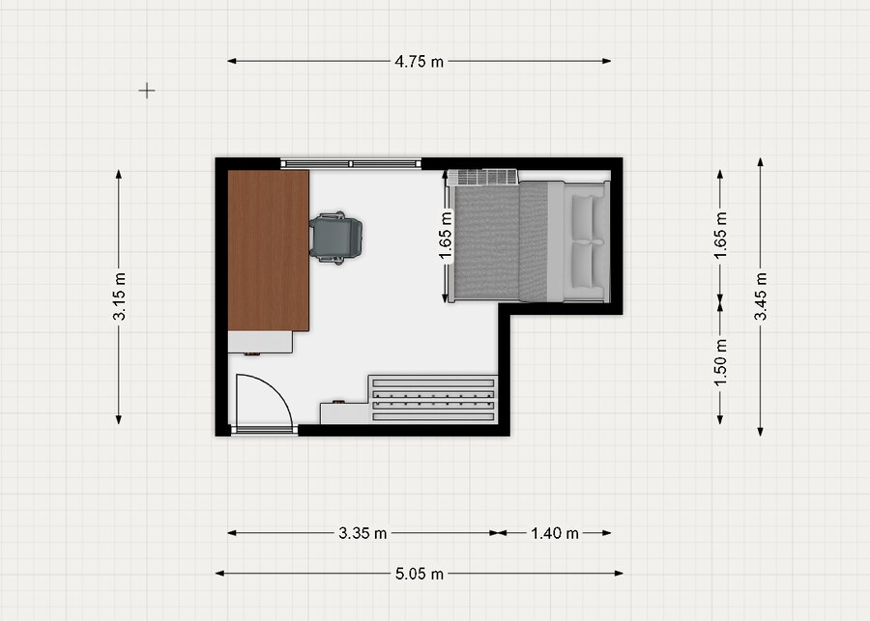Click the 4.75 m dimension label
(x=419, y=62)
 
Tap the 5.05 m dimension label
(x=420, y=574)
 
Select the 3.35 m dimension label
(x=362, y=533)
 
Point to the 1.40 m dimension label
(x=555, y=533)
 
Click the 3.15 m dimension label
(x=119, y=296)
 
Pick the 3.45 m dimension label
(x=761, y=296)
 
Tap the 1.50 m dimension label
(x=720, y=362)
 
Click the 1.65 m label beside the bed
(x=446, y=235)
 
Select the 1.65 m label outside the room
(x=720, y=235)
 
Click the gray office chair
(x=335, y=238)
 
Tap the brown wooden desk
(x=269, y=250)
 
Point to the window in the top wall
(x=351, y=163)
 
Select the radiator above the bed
(x=482, y=177)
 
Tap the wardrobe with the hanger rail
(x=433, y=399)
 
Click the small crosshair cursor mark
(x=147, y=91)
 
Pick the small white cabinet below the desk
(x=260, y=342)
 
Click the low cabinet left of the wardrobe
(x=344, y=413)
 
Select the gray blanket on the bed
(x=501, y=241)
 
